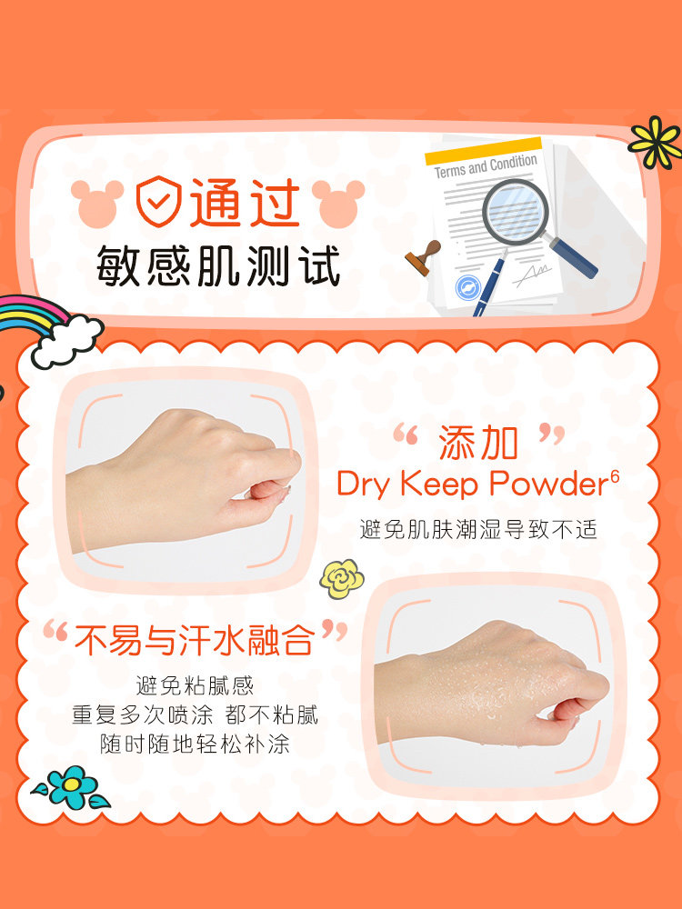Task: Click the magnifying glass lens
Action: [x=516, y=211]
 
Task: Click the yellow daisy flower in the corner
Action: [x=654, y=142]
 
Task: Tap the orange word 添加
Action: [x=478, y=442]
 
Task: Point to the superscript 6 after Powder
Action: [x=615, y=475]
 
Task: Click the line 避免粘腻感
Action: [x=195, y=685]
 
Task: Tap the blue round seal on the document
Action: [x=468, y=287]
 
